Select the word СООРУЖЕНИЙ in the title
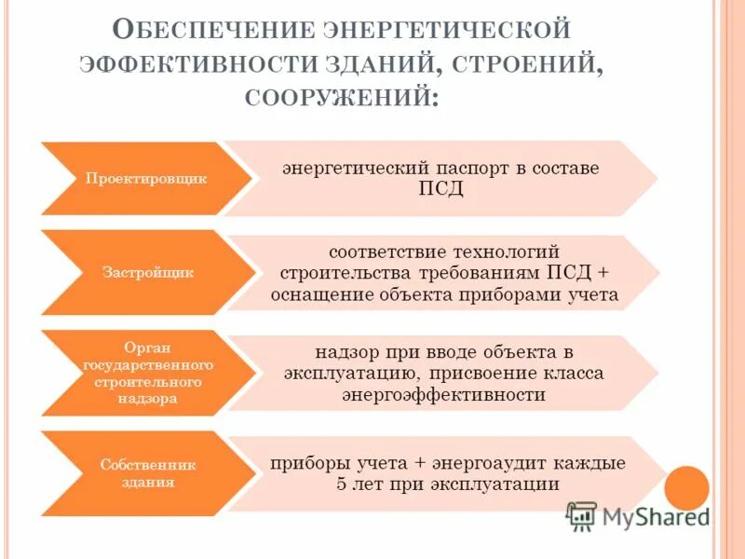pyautogui.click(x=340, y=97)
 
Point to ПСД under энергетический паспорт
pyautogui.click(x=441, y=189)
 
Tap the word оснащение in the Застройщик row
pyautogui.click(x=321, y=294)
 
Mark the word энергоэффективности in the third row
pyautogui.click(x=443, y=394)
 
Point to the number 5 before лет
pyautogui.click(x=342, y=484)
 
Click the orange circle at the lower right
pyautogui.click(x=689, y=487)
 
